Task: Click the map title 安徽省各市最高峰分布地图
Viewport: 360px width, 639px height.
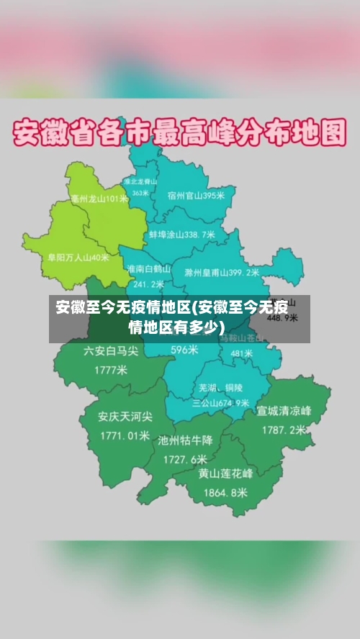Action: point(181,133)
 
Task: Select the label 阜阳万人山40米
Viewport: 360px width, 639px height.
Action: point(78,256)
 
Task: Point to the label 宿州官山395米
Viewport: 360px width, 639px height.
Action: point(196,195)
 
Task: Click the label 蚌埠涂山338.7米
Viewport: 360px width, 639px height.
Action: point(182,235)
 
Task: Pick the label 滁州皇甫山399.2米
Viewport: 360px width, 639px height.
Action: point(222,273)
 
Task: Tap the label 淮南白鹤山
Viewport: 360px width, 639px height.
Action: point(149,268)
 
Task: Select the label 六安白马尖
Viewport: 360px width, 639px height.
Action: point(111,351)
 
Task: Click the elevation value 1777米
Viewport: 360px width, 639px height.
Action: point(111,371)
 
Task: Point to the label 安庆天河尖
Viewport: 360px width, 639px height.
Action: point(125,416)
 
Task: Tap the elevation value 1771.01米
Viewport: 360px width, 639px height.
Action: point(125,435)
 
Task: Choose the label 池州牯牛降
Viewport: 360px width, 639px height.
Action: point(185,440)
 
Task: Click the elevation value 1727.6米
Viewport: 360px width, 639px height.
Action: point(185,458)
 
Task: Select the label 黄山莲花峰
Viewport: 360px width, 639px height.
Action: point(226,473)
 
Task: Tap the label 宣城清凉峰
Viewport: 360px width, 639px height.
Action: point(284,411)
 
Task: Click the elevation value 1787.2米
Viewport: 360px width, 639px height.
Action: point(284,430)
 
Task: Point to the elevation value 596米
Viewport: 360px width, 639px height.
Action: point(184,350)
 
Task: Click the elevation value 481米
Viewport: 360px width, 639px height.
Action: point(241,353)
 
